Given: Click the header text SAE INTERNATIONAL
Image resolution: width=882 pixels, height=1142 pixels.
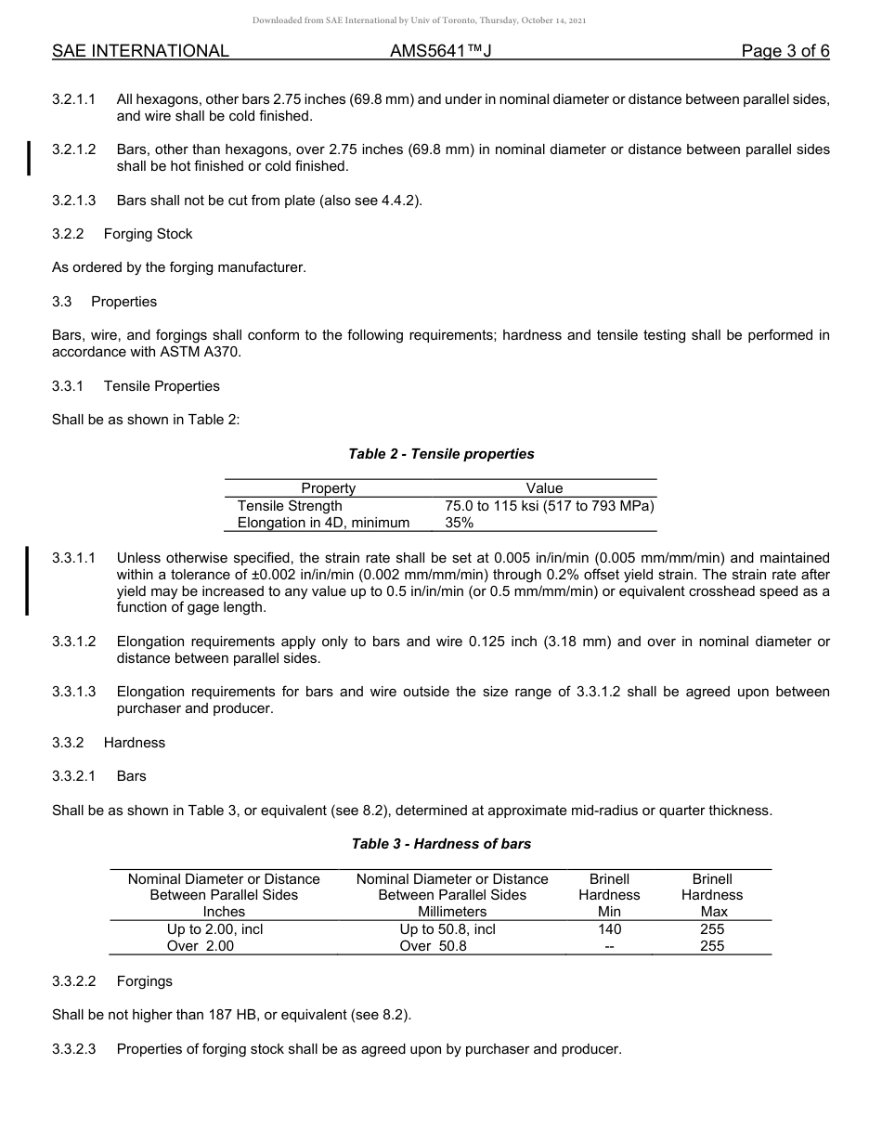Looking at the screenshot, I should (x=140, y=51).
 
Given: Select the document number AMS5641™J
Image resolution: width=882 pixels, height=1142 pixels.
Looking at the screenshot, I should (x=440, y=51).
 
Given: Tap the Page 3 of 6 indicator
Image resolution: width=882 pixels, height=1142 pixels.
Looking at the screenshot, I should (x=785, y=51).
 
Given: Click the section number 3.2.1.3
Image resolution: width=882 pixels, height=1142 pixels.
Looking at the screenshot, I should (x=74, y=201).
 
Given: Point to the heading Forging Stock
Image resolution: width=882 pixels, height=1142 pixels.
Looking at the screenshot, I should (x=149, y=234).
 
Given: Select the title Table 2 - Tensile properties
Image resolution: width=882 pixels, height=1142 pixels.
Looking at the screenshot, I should (x=441, y=454).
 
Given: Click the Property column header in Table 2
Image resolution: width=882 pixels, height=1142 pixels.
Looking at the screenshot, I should (x=328, y=488).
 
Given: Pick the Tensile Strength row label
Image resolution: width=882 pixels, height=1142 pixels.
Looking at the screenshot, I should (x=290, y=506).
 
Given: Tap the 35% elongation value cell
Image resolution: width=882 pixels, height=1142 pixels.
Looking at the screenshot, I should (x=460, y=523).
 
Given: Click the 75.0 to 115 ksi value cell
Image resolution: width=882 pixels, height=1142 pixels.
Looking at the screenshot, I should (x=550, y=506).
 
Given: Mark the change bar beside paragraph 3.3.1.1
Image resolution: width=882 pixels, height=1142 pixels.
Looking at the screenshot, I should (x=28, y=581).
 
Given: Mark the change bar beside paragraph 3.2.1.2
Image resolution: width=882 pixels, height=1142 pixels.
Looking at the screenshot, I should (x=30, y=158).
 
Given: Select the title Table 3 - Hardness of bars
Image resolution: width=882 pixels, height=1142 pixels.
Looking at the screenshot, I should (x=441, y=844).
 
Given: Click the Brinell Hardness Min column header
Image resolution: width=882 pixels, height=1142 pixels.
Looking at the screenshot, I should (x=609, y=895).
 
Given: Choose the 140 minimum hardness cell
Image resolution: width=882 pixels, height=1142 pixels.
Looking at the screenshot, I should (x=610, y=929).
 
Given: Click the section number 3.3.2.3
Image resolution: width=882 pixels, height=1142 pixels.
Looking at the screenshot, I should (x=74, y=1049).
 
